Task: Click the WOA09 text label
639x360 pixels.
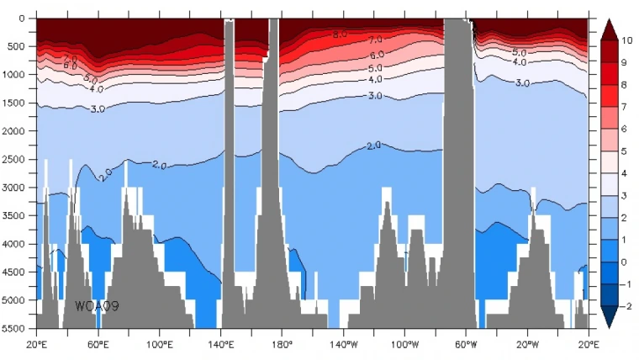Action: pos(98,306)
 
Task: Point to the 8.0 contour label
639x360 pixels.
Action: pos(339,34)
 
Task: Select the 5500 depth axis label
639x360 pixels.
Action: pos(17,328)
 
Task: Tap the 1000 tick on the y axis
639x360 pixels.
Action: pos(17,75)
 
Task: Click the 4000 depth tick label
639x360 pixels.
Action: pos(17,244)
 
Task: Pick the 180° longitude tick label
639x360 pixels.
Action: pos(282,344)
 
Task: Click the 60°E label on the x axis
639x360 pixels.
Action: pos(98,344)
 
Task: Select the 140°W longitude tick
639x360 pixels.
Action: pos(343,344)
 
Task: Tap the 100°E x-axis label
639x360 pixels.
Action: pos(159,344)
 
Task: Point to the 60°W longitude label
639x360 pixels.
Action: pos(466,344)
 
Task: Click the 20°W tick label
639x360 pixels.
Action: pos(527,344)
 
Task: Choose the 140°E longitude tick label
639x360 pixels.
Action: pos(220,344)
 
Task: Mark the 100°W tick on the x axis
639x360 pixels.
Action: pos(404,344)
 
